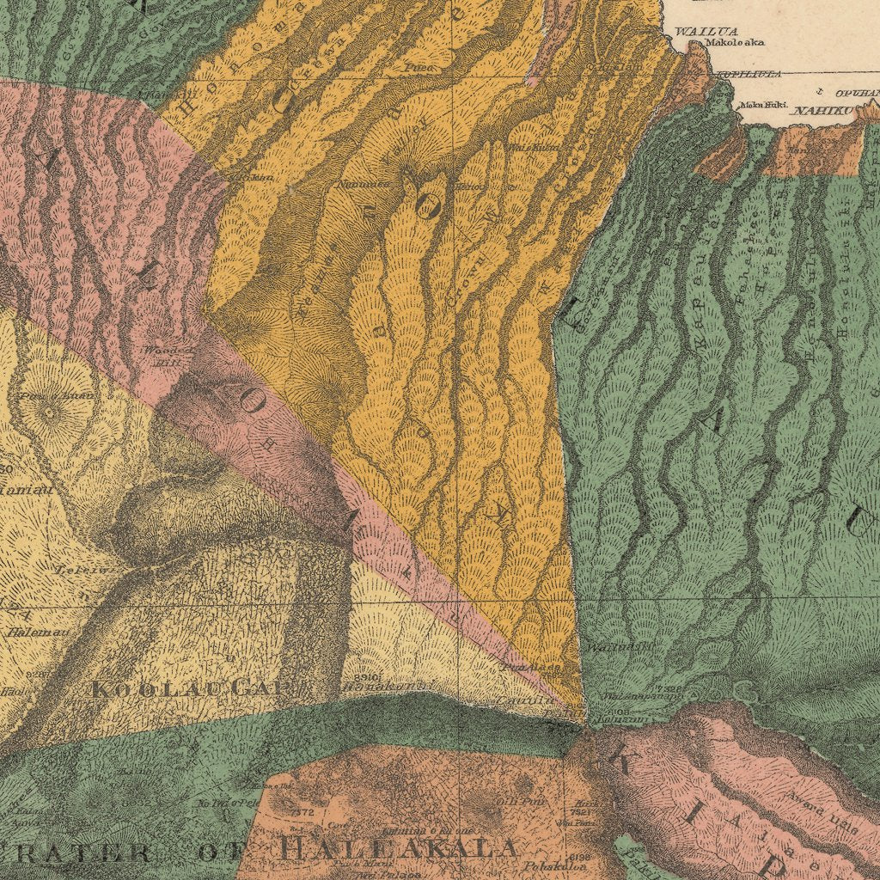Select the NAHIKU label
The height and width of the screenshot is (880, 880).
822,111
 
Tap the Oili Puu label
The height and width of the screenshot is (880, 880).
510,801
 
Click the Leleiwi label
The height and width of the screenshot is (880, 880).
76,569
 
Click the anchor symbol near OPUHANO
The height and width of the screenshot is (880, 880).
820,90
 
